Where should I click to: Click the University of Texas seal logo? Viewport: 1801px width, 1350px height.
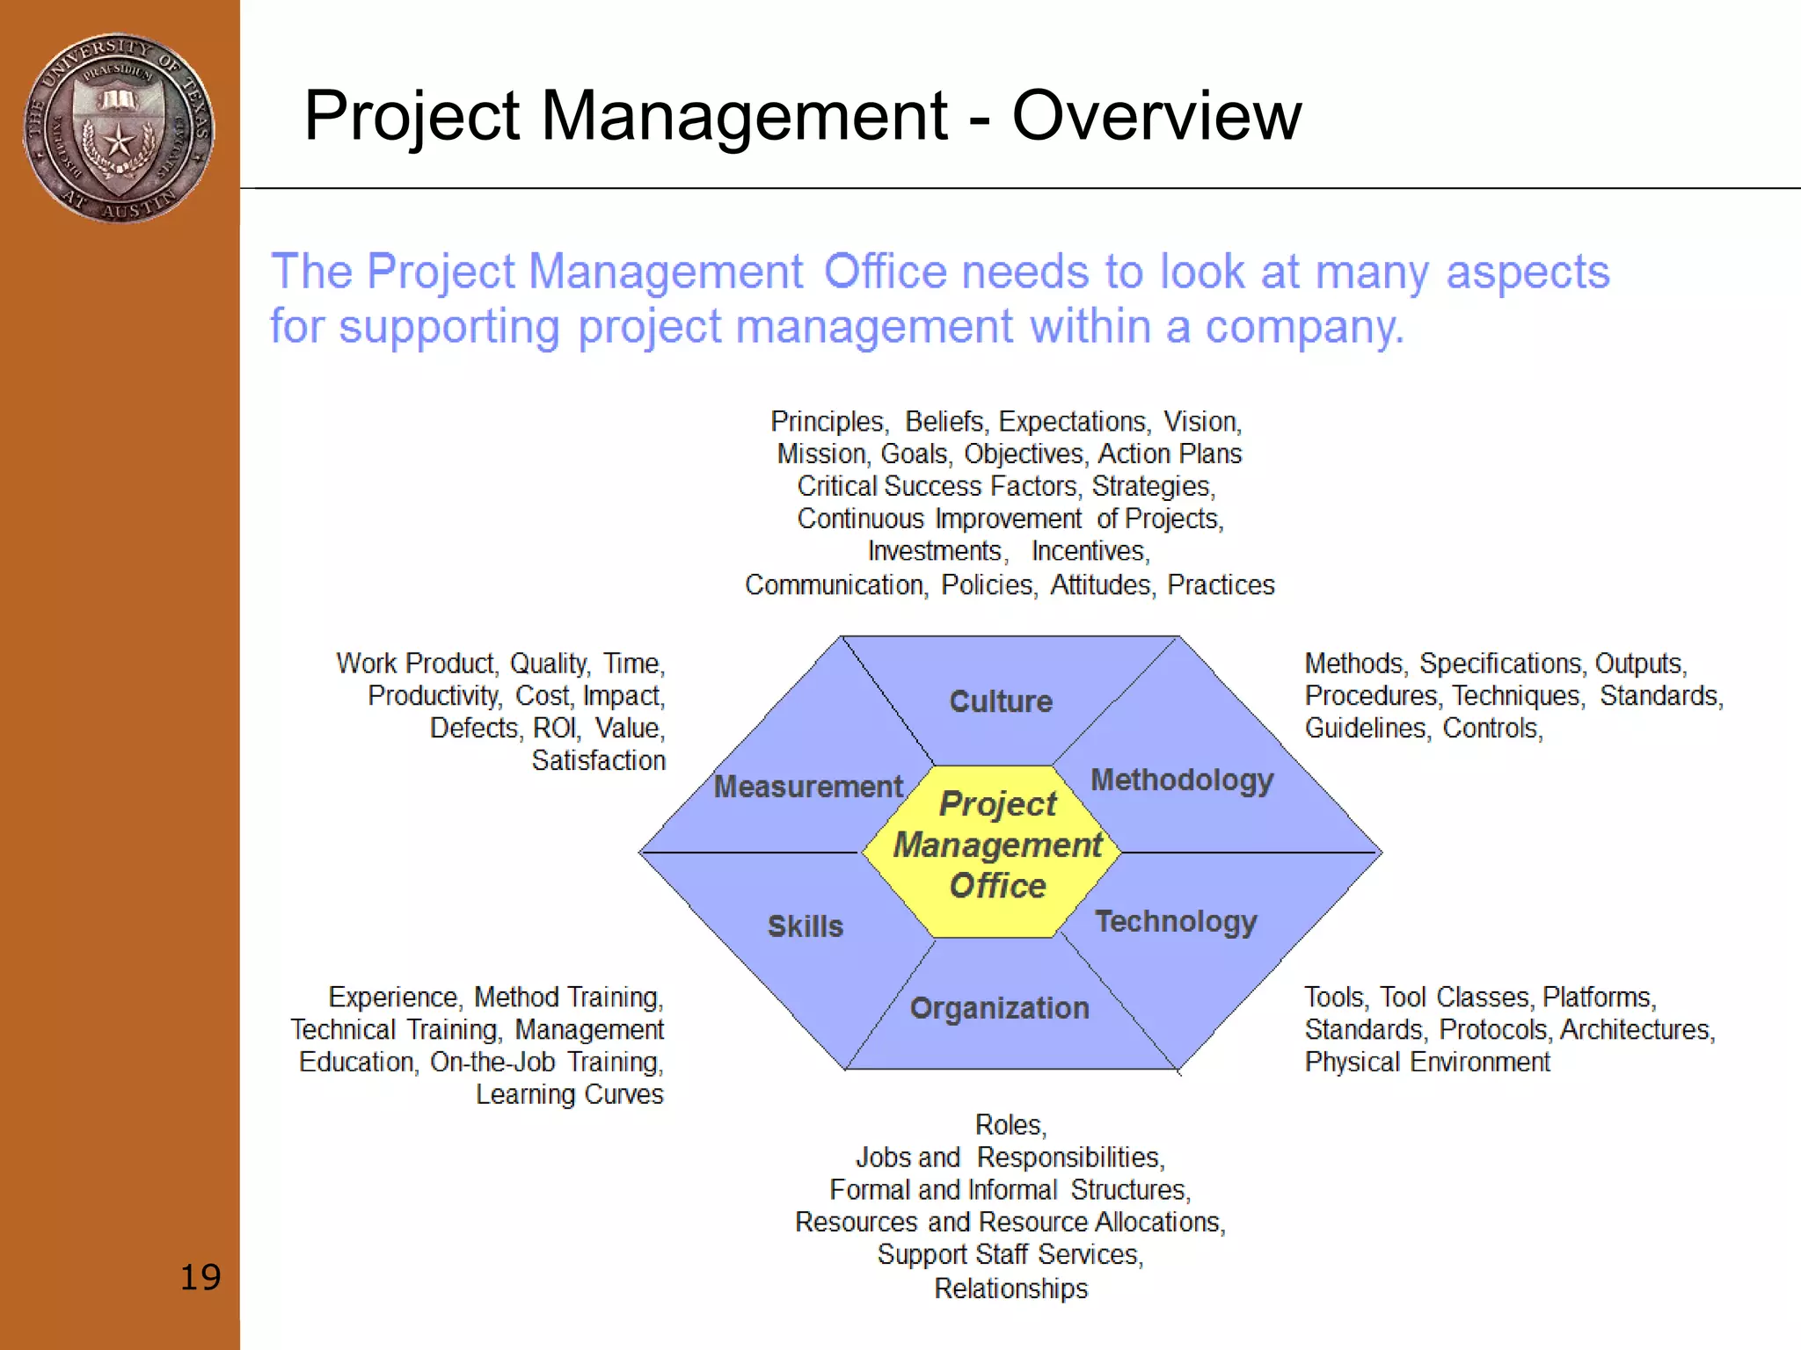119,128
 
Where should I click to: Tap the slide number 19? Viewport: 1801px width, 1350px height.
200,1277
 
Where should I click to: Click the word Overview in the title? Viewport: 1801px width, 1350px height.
1156,116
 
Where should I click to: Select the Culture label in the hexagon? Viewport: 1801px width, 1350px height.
1001,701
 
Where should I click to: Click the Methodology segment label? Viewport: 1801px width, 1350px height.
1182,780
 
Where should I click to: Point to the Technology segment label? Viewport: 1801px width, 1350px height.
1176,921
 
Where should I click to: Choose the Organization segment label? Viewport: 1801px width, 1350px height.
999,1008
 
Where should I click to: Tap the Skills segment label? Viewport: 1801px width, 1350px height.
805,926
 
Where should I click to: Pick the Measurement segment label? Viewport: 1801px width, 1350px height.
808,787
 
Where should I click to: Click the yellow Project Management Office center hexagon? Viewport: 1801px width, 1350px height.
996,846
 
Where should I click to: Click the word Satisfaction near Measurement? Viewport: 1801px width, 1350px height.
598,760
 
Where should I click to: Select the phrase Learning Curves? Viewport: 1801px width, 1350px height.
569,1094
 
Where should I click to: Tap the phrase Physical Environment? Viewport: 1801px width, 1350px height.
1426,1062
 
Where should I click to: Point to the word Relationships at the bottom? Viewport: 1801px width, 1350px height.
1010,1288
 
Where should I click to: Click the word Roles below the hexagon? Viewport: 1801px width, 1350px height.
1010,1125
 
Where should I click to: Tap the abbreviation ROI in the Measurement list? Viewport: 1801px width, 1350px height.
556,729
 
